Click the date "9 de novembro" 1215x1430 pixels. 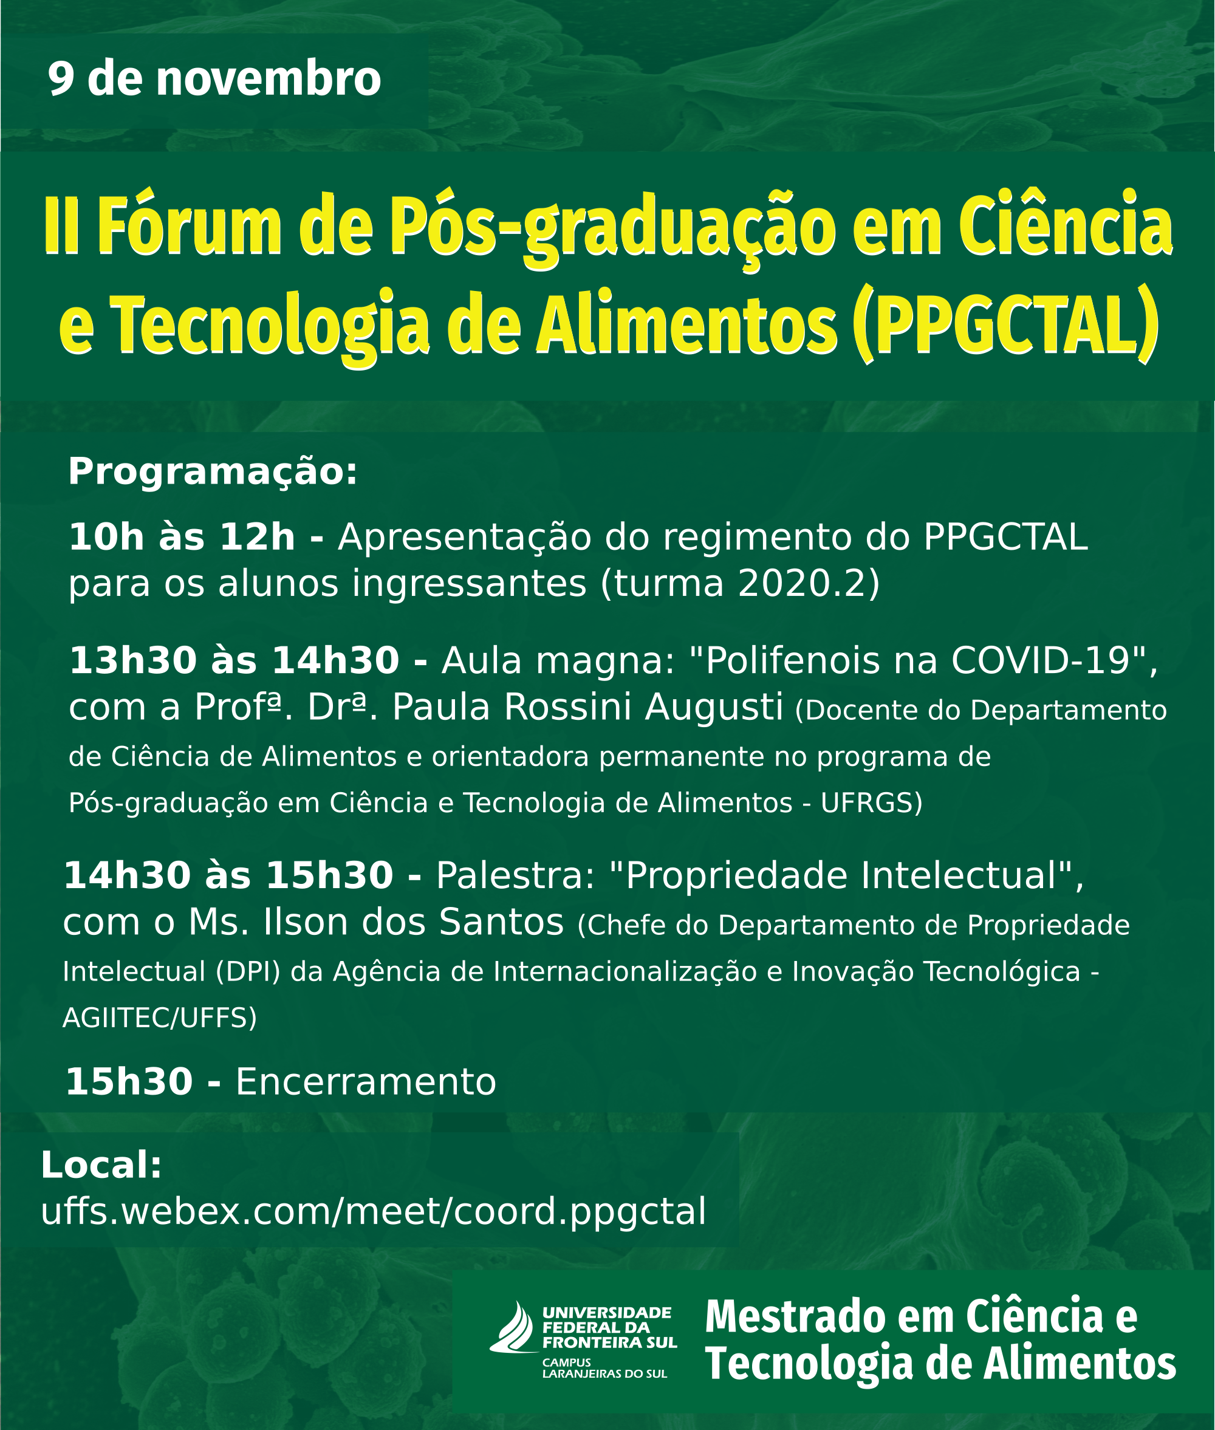point(214,79)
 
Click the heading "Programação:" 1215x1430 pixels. point(213,473)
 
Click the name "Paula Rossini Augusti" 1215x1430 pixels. point(587,708)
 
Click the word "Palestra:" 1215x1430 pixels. point(515,875)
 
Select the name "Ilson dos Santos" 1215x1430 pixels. point(413,922)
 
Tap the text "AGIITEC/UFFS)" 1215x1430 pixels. point(160,1018)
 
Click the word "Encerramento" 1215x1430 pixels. point(366,1082)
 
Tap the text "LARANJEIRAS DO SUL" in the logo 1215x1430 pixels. point(604,1373)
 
